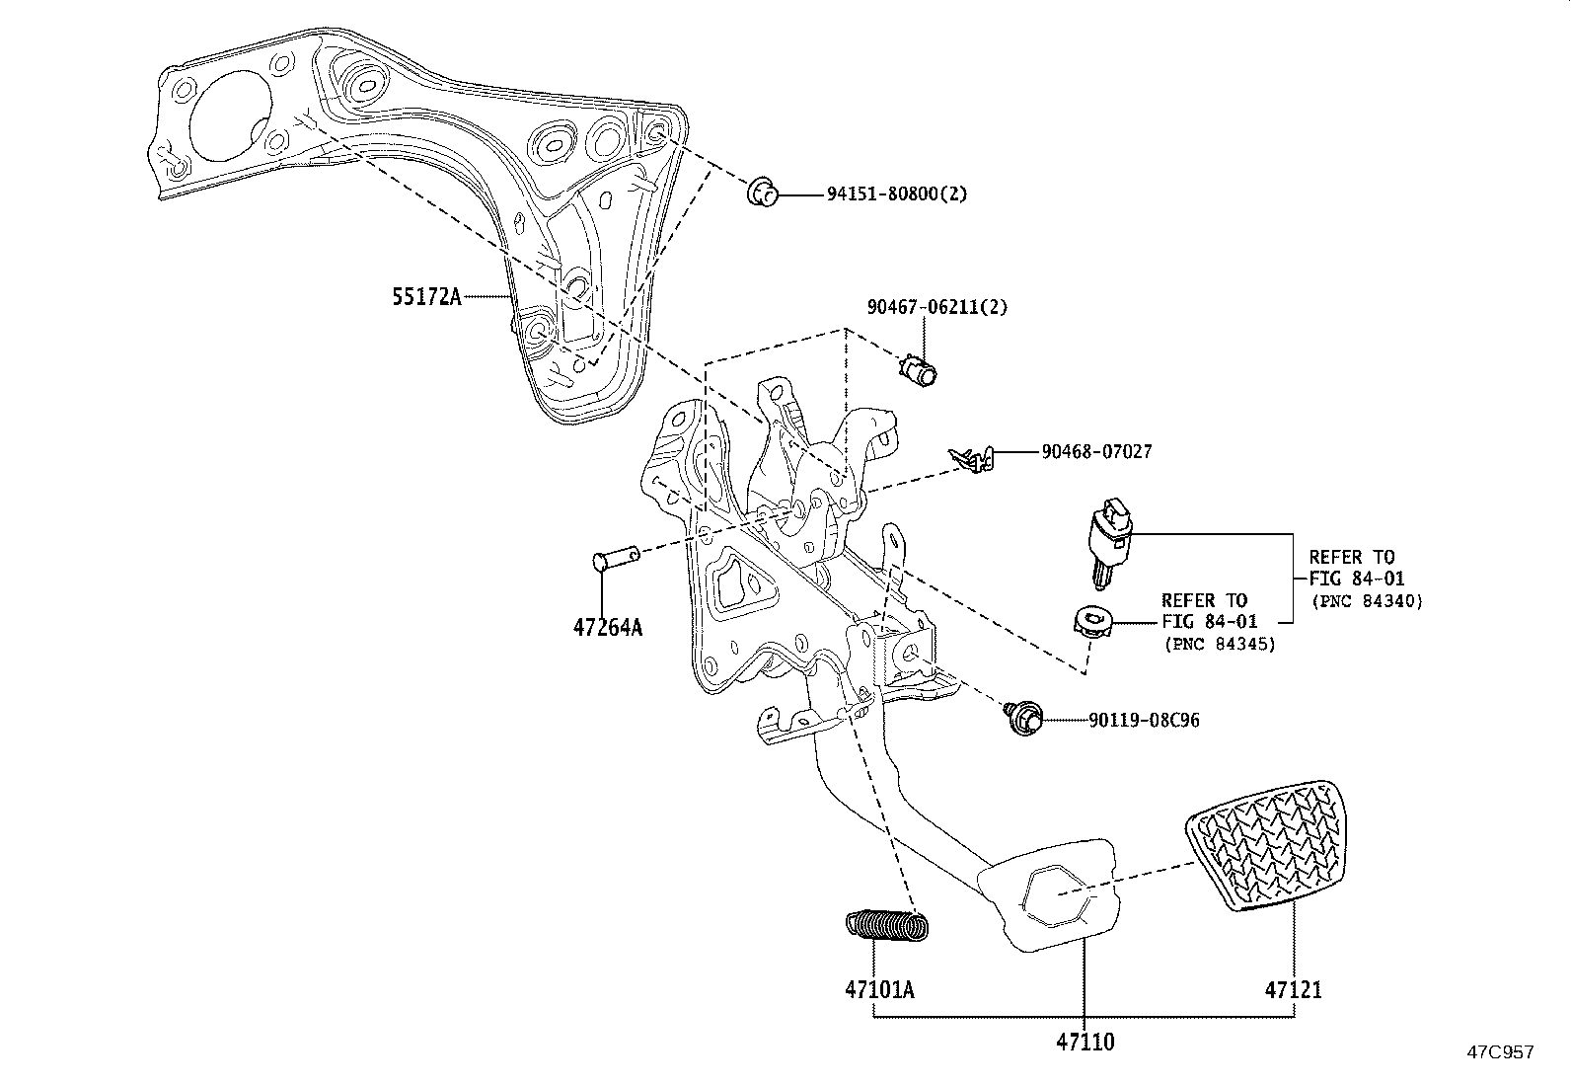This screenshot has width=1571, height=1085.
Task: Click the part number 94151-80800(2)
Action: [x=896, y=194]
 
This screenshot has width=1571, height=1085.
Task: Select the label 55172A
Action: [x=425, y=295]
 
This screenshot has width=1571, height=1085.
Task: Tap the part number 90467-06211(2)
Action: [x=937, y=307]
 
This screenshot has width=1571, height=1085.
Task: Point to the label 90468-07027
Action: [x=1096, y=452]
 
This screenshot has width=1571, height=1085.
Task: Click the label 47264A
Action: [x=607, y=627]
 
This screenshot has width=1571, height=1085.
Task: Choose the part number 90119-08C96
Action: [x=1145, y=721]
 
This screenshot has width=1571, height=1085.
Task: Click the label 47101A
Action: [x=878, y=989]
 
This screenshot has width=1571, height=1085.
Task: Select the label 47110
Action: [x=1085, y=1042]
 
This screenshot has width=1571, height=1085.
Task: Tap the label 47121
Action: [x=1294, y=989]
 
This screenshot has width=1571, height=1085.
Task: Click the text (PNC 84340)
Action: [x=1367, y=601]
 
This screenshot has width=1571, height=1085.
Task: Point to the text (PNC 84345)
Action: [x=1219, y=644]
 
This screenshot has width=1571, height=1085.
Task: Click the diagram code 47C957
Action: [x=1500, y=1052]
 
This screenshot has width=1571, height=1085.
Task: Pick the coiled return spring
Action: [x=888, y=924]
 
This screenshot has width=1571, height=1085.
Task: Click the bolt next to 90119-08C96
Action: [x=1021, y=718]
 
